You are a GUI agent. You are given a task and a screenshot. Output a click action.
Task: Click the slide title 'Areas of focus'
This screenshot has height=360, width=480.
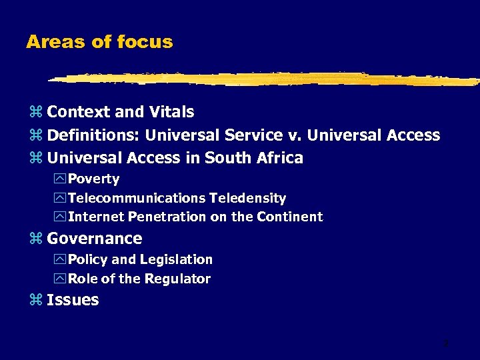coord(99,42)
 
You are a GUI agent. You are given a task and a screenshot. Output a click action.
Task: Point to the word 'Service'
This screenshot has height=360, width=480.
coord(254,135)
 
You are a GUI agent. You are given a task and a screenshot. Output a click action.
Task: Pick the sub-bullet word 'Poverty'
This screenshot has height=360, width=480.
coord(94,179)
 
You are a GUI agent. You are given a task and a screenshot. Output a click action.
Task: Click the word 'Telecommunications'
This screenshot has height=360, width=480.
coord(137,198)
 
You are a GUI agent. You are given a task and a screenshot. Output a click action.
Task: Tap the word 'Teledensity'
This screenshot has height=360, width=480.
coord(248,198)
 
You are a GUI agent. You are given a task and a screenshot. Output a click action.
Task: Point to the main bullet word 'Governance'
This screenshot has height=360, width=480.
coord(95,239)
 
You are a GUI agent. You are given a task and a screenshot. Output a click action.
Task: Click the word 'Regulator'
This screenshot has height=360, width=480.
coord(179,279)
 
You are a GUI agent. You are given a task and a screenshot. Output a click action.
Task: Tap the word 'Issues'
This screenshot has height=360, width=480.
coord(73,300)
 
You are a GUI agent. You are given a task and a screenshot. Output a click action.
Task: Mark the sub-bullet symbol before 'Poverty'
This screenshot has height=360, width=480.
coord(61,179)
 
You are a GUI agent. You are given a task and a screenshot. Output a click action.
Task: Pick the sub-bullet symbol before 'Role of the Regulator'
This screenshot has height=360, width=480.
coord(61,279)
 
